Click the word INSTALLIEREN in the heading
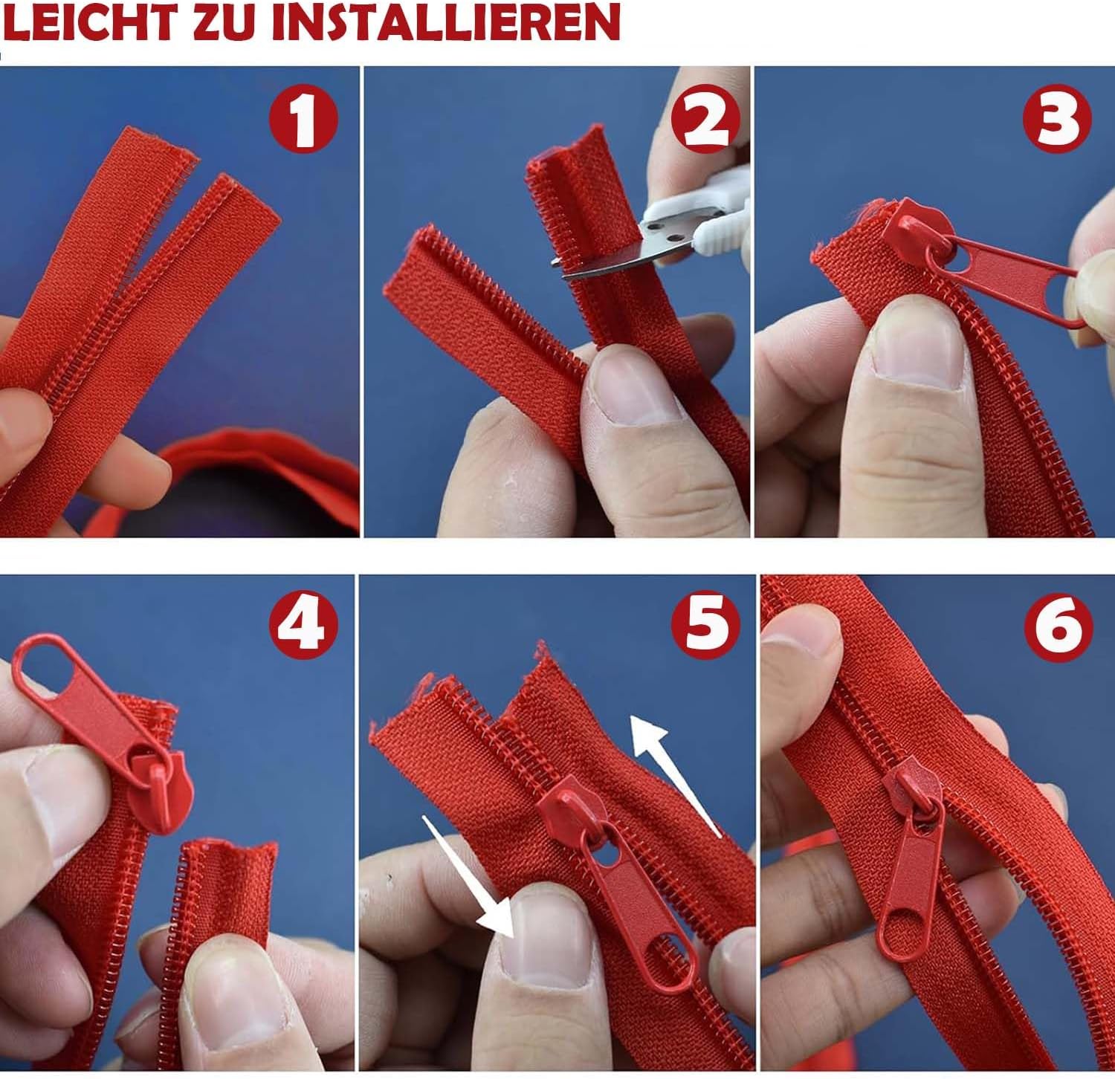pyautogui.click(x=445, y=22)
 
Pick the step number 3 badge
pyautogui.click(x=1057, y=119)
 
